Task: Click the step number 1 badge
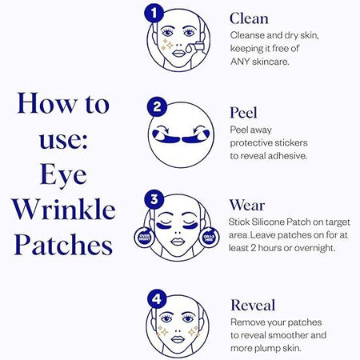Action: point(154,13)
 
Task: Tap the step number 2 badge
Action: point(157,106)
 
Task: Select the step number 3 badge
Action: point(154,199)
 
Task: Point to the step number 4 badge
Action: point(157,299)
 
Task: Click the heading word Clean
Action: point(249,18)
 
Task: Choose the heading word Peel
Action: point(243,113)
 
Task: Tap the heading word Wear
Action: point(247,206)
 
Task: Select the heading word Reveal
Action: point(253,305)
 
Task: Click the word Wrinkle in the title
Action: point(64,210)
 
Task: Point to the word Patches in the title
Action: point(63,245)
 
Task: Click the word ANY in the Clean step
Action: point(240,62)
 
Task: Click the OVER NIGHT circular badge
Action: point(144,237)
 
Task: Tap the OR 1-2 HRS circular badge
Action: point(209,237)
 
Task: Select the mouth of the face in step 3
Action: point(178,242)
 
